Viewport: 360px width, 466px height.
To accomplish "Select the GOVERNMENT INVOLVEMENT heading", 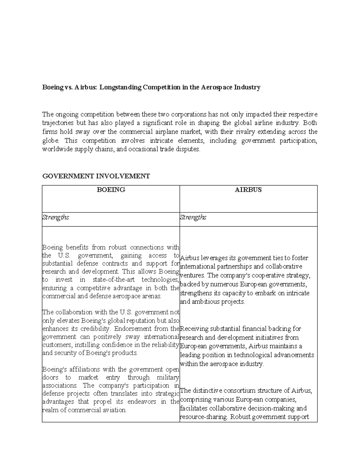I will point(96,176).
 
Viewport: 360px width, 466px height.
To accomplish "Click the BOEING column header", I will point(111,190).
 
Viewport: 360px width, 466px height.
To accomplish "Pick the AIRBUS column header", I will point(248,190).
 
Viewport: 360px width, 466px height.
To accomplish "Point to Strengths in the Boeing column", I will point(56,217).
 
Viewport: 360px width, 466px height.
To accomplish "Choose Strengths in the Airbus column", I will point(193,217).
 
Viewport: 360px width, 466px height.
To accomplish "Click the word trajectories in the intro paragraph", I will point(58,123).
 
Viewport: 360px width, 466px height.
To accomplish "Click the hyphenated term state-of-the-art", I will point(114,280).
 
